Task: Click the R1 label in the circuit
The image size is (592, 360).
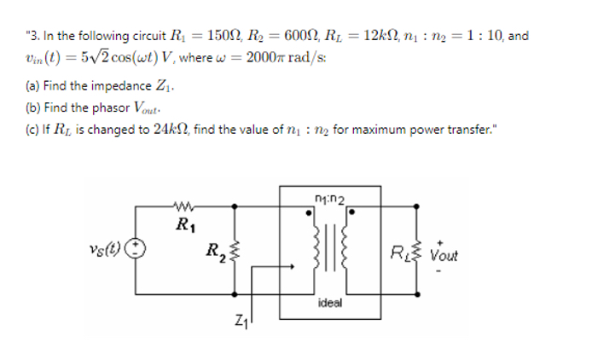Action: [x=183, y=225]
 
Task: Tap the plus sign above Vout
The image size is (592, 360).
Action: [x=442, y=240]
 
